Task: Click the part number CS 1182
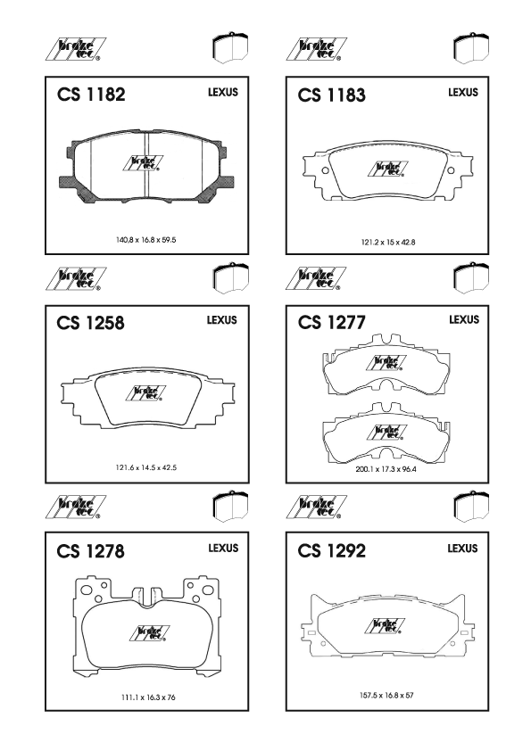point(91,94)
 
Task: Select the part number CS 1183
point(332,95)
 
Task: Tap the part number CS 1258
point(90,323)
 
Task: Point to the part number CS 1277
point(332,322)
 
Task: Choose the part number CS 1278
point(90,551)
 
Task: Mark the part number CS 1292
point(332,551)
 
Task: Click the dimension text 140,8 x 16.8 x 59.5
point(146,239)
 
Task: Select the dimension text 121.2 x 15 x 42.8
point(388,243)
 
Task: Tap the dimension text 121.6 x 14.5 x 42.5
point(146,467)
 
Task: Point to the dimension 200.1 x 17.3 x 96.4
point(386,469)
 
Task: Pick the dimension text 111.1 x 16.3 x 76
point(148,697)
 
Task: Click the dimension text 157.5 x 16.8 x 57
point(386,695)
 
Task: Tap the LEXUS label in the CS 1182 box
point(223,92)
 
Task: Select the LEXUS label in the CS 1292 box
point(462,548)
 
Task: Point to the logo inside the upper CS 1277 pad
point(386,363)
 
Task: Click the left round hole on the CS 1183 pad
point(326,170)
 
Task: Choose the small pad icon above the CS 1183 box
point(470,48)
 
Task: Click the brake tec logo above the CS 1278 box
point(76,508)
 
